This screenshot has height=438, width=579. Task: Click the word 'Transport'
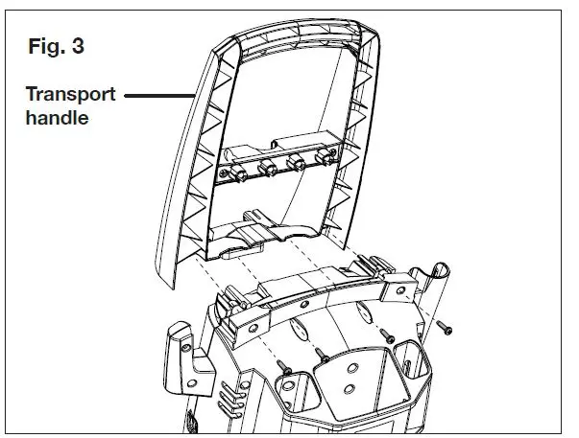[70, 96]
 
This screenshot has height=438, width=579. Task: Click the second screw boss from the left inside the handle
[264, 171]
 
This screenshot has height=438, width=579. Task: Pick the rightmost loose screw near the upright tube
[443, 329]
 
